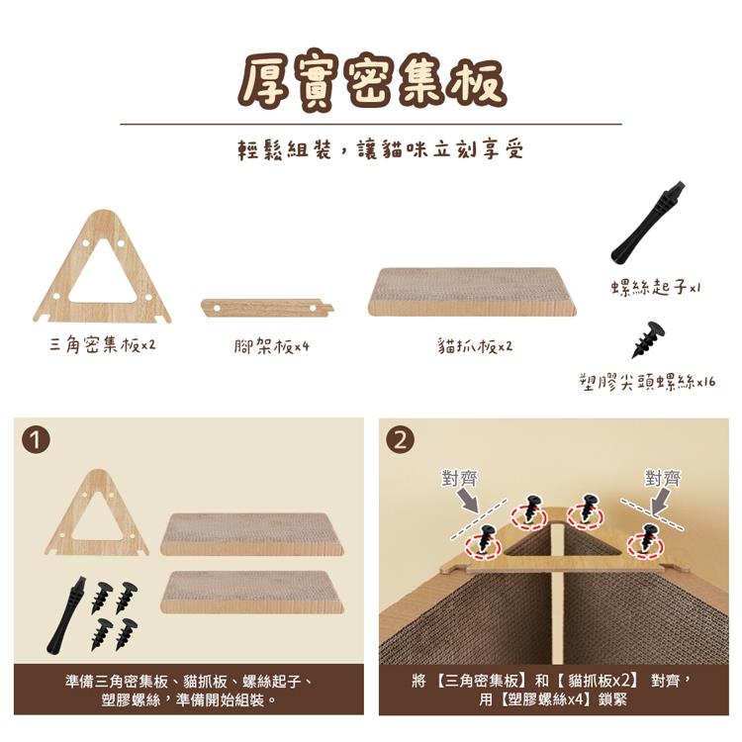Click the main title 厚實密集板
[x=372, y=81]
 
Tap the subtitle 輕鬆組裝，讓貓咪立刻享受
[x=381, y=149]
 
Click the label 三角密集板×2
[x=102, y=344]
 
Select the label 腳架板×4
[x=272, y=346]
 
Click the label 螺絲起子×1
[x=655, y=287]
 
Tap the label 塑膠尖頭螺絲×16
[x=648, y=382]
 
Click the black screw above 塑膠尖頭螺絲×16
[x=648, y=339]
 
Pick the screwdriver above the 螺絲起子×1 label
[x=648, y=222]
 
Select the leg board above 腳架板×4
[x=267, y=308]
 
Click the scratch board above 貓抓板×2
[x=472, y=292]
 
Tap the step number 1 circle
[x=36, y=440]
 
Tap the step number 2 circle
[x=401, y=440]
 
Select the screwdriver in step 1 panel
[x=66, y=615]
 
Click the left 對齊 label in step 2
[x=459, y=478]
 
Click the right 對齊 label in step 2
[x=663, y=478]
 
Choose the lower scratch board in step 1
[x=251, y=592]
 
